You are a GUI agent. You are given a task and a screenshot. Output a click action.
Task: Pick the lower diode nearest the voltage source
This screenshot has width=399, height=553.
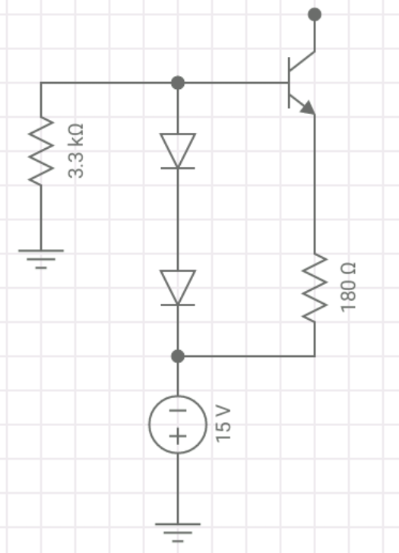[x=177, y=288]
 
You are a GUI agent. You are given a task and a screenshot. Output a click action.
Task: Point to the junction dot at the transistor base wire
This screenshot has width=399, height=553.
[x=177, y=82]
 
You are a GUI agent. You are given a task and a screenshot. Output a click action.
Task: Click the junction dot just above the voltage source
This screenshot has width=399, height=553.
[x=177, y=355]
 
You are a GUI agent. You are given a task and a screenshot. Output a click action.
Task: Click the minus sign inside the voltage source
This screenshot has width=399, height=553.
[x=177, y=410]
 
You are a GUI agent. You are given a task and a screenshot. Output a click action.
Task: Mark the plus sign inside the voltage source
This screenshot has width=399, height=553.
[x=177, y=437]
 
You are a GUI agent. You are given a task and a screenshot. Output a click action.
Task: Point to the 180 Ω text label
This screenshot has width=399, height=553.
[x=349, y=287]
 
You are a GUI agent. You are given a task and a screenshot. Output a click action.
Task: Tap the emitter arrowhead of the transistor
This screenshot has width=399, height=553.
[x=308, y=108]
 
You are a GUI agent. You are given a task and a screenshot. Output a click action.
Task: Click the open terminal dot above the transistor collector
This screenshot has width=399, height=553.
[x=314, y=14]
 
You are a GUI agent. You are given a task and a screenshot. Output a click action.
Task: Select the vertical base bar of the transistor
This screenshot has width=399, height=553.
[x=290, y=82]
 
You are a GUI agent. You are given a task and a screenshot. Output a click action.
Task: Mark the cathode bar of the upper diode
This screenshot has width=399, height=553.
[x=177, y=167]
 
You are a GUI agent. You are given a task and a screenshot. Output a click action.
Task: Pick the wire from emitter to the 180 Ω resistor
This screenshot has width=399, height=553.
[x=314, y=182]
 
